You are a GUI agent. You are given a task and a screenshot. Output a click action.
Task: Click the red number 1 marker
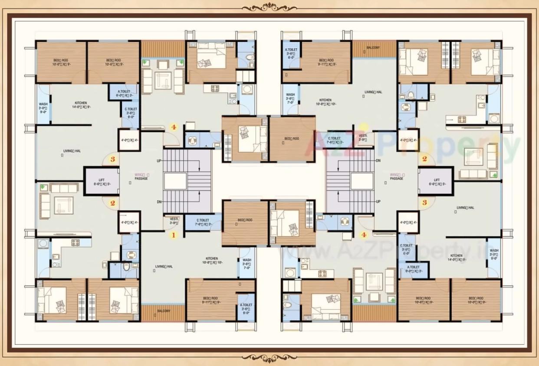pyautogui.click(x=173, y=235)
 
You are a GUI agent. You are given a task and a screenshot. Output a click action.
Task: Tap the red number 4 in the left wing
pyautogui.click(x=174, y=127)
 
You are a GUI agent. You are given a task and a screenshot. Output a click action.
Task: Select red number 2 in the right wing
pyautogui.click(x=424, y=159)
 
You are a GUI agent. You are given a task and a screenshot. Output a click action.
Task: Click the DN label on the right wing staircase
pyautogui.click(x=378, y=160)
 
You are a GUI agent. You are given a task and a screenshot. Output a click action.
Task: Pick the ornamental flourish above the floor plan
pyautogui.click(x=269, y=7)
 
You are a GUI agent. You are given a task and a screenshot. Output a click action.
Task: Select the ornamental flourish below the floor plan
pyautogui.click(x=269, y=357)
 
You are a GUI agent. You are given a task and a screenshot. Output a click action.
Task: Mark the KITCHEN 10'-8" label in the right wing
pyautogui.click(x=325, y=102)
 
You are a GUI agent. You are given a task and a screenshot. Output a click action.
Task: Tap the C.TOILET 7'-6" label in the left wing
pyautogui.click(x=203, y=222)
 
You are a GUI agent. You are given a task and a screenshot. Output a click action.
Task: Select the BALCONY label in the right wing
pyautogui.click(x=373, y=48)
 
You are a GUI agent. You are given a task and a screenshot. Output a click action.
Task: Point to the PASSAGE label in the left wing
pyautogui.click(x=141, y=178)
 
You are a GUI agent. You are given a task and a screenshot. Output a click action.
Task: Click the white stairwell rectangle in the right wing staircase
pyautogui.click(x=362, y=181)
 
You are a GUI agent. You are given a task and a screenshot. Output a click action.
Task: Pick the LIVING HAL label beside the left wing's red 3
pyautogui.click(x=72, y=151)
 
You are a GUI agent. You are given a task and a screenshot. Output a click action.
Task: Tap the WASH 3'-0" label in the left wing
pyautogui.click(x=43, y=107)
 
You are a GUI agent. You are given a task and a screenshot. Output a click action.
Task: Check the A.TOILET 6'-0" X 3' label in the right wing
pyautogui.click(x=413, y=269)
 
